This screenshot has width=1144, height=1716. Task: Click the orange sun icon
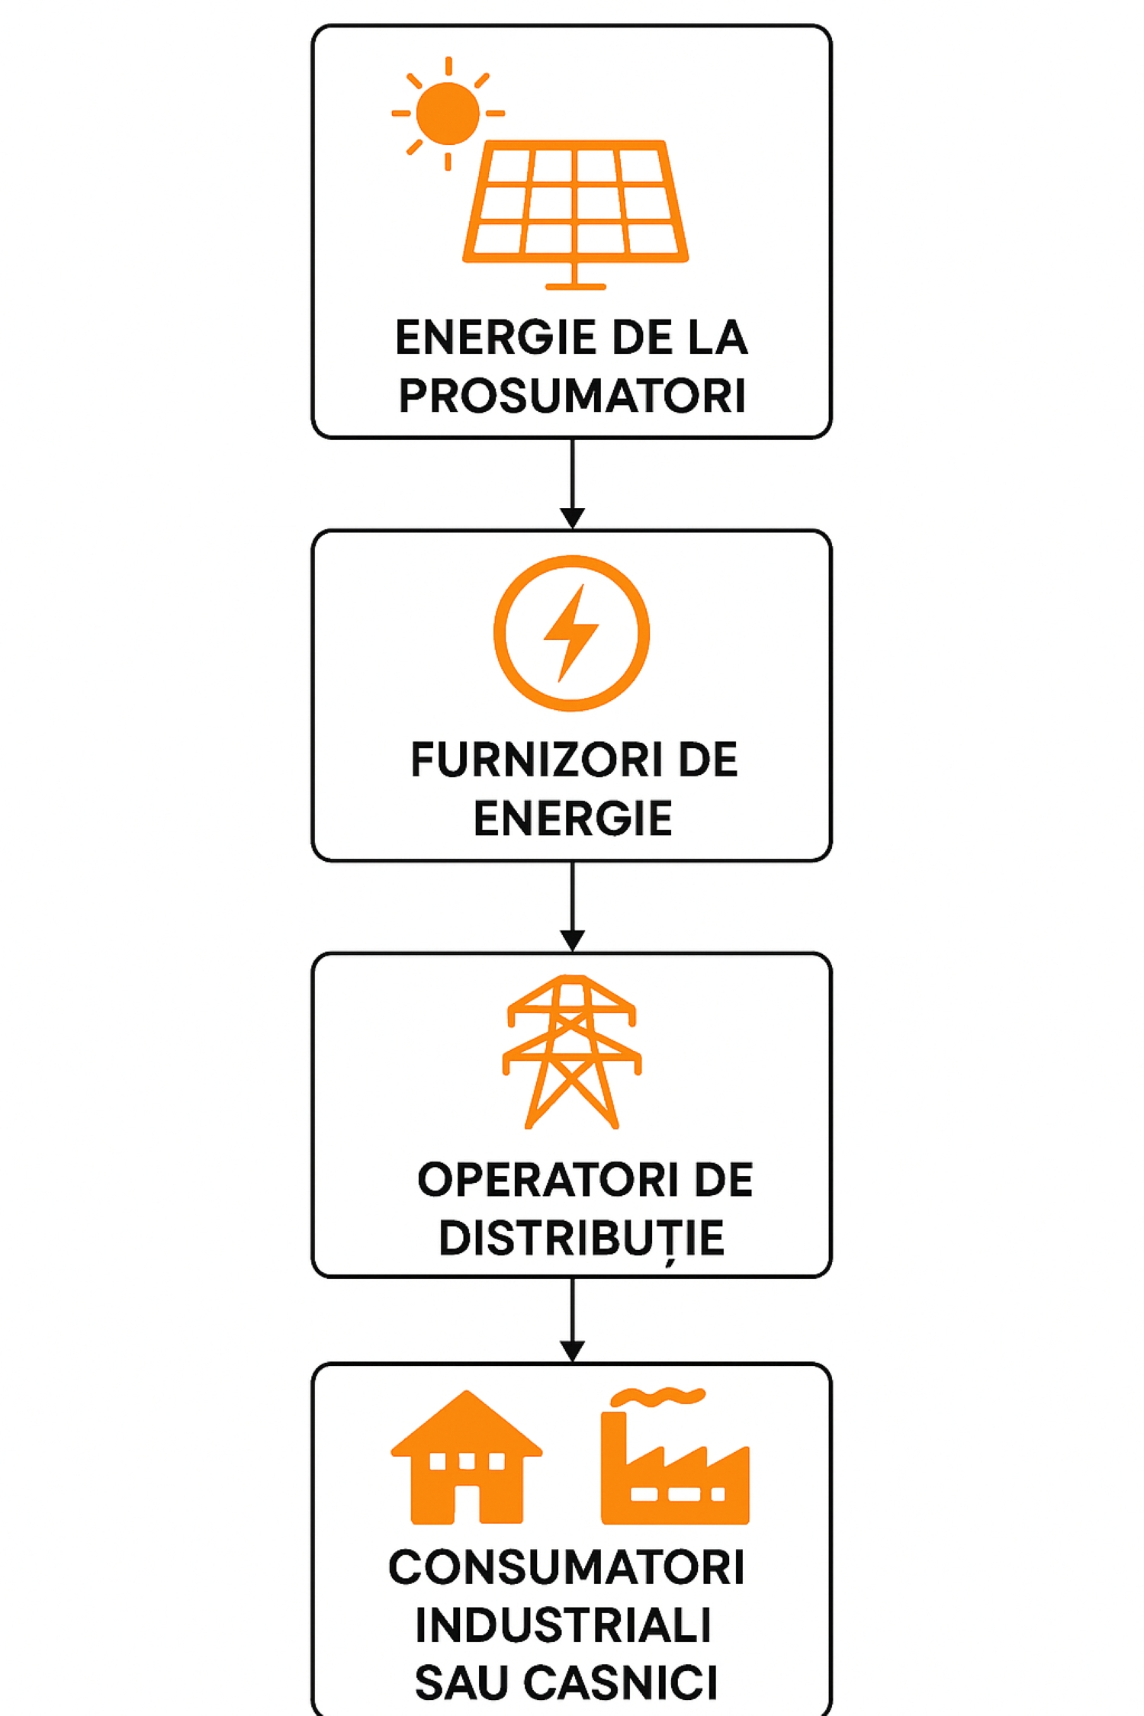pos(448,113)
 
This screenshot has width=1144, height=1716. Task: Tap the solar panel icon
pos(576,214)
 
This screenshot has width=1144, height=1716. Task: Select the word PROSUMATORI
pos(572,395)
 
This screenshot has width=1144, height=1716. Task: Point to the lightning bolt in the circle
pos(571,632)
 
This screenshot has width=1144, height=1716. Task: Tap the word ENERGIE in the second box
pos(573,818)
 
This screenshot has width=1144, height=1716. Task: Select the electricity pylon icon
pos(572,1052)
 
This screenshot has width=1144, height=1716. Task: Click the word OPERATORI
pos(548,1180)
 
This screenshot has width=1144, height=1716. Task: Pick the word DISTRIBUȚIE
pos(581,1239)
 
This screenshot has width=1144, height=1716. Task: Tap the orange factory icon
pos(675,1466)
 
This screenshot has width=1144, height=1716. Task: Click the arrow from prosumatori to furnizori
pos(572,484)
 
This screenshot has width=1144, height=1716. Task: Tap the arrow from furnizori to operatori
pos(572,907)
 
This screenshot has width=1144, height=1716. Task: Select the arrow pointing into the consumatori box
pos(572,1319)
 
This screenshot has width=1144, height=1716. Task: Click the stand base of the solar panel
pos(576,287)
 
